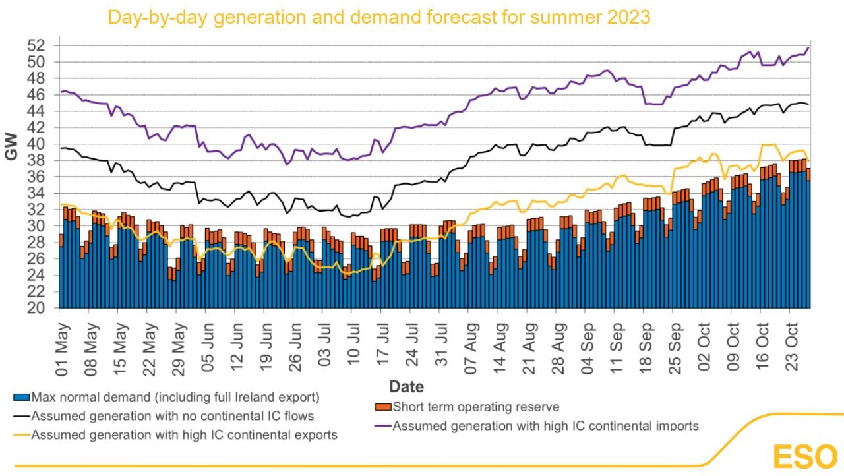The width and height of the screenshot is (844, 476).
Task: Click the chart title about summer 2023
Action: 379,17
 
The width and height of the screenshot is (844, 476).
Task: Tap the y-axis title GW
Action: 12,146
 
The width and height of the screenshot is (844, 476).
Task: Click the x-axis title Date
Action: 406,387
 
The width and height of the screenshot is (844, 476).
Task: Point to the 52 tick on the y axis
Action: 36,45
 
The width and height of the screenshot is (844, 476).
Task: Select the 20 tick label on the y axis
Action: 36,308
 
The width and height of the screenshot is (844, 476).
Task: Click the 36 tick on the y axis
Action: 36,177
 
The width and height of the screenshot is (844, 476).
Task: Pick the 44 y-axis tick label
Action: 36,111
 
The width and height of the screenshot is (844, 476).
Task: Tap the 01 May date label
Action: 63,350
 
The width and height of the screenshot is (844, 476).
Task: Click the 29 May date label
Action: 179,350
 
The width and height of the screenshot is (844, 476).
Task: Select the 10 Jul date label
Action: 354,345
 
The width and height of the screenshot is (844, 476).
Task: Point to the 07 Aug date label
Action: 471,349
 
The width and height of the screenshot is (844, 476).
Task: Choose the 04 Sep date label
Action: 588,349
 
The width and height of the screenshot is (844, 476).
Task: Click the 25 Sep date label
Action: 675,349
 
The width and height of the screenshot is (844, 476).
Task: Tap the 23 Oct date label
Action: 792,347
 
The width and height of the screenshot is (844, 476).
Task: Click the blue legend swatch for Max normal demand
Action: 22,398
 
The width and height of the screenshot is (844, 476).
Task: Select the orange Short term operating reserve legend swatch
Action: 383,407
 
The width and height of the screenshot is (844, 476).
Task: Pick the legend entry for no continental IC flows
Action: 164,416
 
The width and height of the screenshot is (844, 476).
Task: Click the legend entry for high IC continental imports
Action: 537,426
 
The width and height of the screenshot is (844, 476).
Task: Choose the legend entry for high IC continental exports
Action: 175,435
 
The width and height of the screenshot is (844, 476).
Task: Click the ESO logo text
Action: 805,457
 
